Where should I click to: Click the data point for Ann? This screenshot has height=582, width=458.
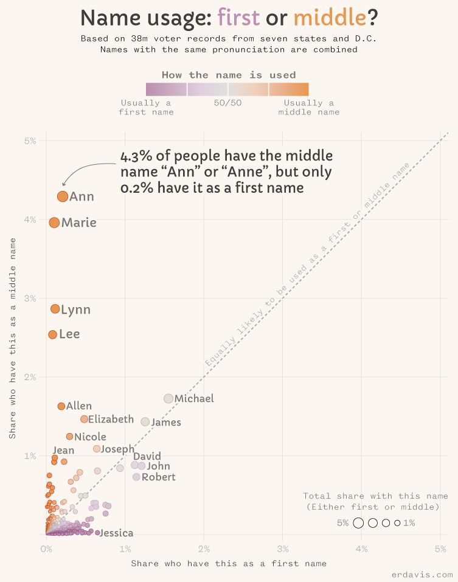click(x=62, y=196)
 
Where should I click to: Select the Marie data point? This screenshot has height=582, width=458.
click(x=54, y=223)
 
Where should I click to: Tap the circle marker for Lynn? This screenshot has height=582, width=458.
click(x=55, y=309)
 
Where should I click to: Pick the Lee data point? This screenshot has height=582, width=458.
click(x=52, y=334)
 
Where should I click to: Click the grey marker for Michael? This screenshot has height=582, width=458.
click(x=168, y=398)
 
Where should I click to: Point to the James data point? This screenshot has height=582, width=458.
click(x=145, y=422)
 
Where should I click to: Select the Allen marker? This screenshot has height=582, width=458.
click(x=61, y=406)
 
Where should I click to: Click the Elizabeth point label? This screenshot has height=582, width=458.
click(x=111, y=419)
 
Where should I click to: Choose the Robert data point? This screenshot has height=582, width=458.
click(x=136, y=477)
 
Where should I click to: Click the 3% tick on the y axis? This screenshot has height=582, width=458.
click(x=30, y=298)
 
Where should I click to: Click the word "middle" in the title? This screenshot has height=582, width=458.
click(x=330, y=18)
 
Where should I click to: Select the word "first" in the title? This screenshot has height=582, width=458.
click(x=238, y=18)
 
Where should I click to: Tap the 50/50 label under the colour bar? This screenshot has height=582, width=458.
click(x=227, y=103)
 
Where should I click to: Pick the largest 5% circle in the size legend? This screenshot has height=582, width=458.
click(x=358, y=522)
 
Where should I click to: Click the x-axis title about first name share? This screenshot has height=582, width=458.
click(x=229, y=563)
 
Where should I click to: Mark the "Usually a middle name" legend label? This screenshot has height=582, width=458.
click(x=308, y=107)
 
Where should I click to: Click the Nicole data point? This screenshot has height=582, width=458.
click(x=69, y=437)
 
